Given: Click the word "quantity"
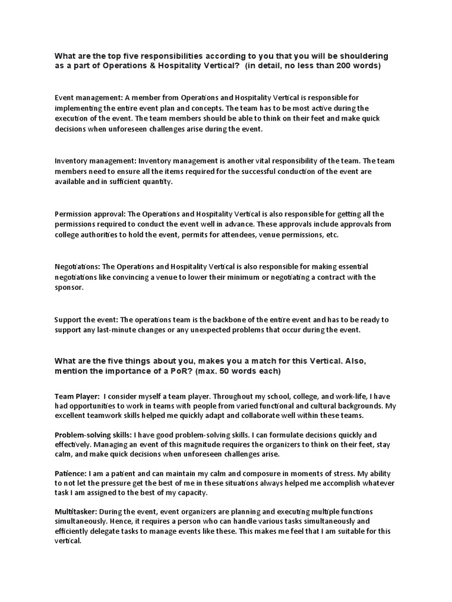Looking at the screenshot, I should (x=155, y=182).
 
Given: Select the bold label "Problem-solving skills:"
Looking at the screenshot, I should (x=91, y=433).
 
